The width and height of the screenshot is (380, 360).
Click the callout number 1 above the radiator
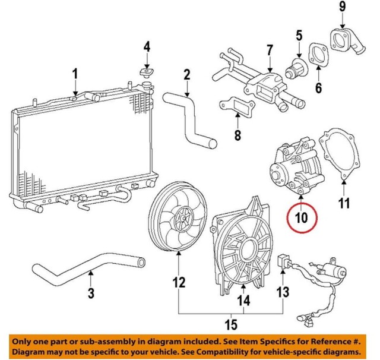pos(75,74)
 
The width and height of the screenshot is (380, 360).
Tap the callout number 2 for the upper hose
pos(186,75)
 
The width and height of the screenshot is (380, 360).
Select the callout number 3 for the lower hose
pos(90,292)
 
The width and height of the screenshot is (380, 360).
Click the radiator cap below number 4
pos(145,73)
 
